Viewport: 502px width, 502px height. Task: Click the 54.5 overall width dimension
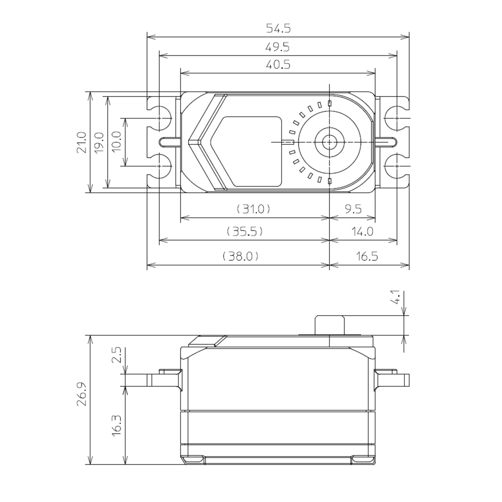tap(278, 29)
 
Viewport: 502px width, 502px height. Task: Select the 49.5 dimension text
tap(277, 47)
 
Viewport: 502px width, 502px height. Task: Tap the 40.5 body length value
tap(277, 65)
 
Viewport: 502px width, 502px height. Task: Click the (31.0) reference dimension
tap(253, 209)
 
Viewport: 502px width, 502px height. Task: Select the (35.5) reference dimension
tap(245, 231)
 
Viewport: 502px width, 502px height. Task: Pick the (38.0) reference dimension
tap(241, 256)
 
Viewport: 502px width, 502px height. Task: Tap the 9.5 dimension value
tap(353, 209)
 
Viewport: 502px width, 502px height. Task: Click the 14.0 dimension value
tap(363, 231)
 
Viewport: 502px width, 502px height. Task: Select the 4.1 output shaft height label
tap(395, 297)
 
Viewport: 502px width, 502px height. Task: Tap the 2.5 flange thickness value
tap(116, 355)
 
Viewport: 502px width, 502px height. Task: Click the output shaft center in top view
tap(329, 142)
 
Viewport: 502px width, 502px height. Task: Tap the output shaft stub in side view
tap(330, 325)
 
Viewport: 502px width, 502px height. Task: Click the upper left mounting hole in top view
tap(159, 117)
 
